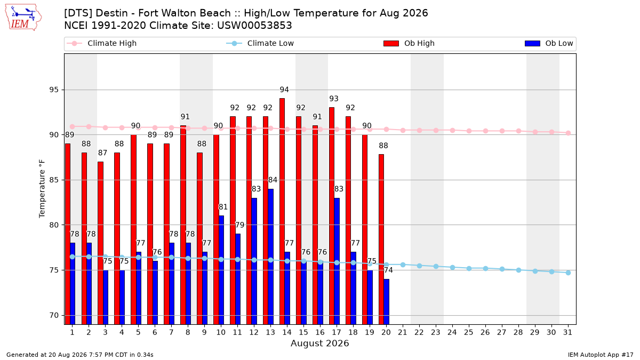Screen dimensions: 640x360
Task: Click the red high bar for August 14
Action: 282,211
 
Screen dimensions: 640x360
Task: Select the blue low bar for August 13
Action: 270,257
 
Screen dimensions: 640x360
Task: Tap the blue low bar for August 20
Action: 386,302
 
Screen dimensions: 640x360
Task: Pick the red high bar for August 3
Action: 100,243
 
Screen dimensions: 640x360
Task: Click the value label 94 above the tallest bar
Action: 284,90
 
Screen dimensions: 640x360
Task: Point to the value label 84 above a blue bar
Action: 273,180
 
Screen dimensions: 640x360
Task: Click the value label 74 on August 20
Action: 388,270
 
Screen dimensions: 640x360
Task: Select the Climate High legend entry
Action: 101,43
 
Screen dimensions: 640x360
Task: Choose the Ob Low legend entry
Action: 549,43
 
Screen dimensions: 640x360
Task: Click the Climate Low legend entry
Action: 260,43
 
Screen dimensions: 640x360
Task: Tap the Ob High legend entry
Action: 409,43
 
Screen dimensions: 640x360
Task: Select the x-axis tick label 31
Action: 567,333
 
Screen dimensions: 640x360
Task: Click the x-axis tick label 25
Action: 469,333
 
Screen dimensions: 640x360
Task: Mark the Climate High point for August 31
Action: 569,133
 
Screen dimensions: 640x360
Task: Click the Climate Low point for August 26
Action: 485,269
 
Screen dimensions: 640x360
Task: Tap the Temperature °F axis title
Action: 42,189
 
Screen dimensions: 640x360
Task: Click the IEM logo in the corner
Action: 23,18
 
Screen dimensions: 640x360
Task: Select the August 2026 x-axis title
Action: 319,343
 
